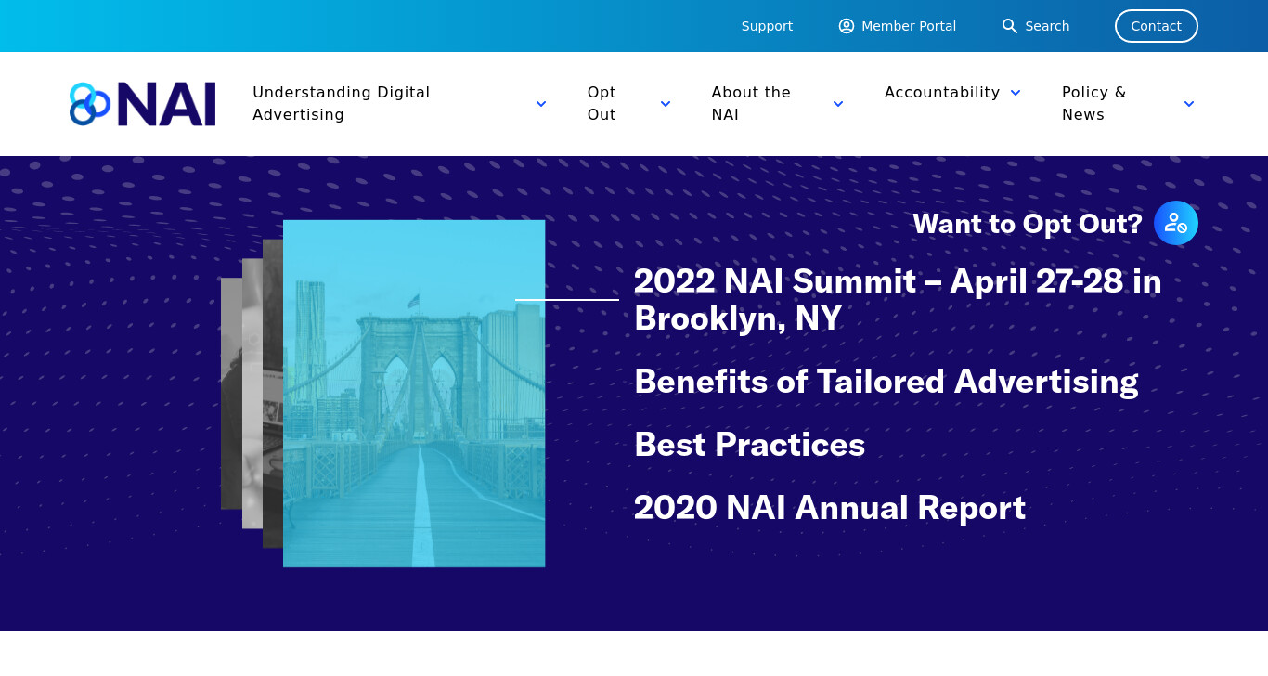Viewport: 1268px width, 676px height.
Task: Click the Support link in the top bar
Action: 767,26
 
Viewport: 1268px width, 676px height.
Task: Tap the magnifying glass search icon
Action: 1009,26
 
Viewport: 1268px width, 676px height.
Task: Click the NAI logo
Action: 142,104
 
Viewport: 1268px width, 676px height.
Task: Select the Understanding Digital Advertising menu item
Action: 342,104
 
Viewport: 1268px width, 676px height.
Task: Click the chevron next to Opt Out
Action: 666,104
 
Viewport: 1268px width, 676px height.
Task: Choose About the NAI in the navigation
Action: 751,104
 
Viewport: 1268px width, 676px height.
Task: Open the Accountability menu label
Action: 942,92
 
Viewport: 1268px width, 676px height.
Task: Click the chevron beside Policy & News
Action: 1189,104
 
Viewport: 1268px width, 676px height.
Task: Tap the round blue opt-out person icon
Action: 1176,223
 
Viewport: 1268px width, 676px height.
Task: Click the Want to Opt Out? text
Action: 1028,224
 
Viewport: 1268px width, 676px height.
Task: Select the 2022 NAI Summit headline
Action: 898,300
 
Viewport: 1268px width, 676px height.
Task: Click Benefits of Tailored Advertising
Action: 886,381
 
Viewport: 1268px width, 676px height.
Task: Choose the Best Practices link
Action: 749,445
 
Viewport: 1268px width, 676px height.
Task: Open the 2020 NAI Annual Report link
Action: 829,507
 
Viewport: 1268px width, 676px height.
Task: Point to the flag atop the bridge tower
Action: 414,301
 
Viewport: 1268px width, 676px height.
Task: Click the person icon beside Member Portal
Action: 847,26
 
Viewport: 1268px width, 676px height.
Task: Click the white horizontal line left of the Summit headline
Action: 566,300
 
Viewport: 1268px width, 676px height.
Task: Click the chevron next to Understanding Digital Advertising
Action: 541,104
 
